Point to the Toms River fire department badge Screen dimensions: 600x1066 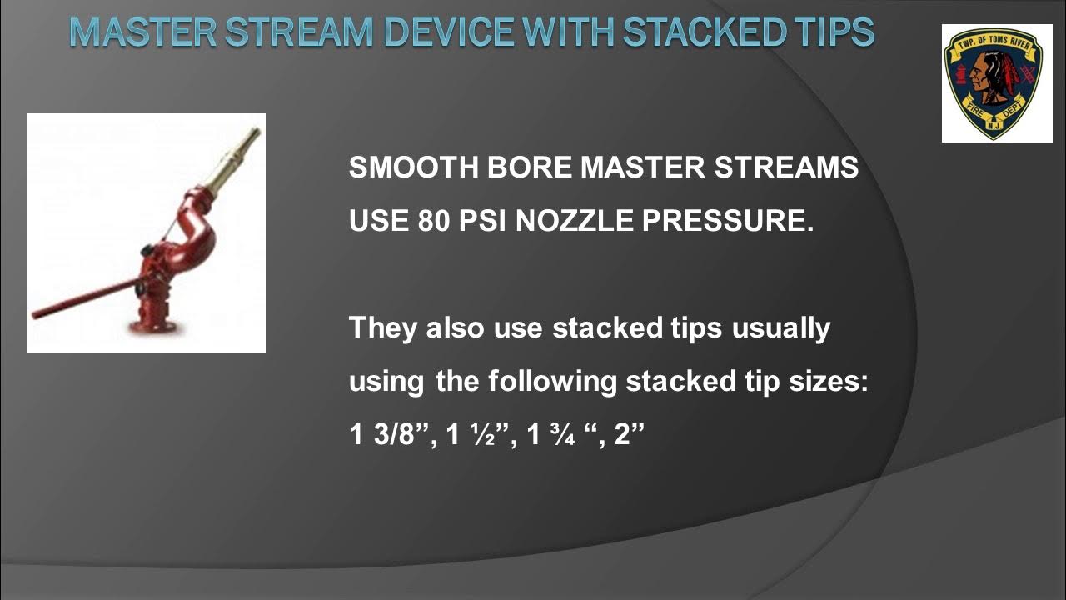pos(997,82)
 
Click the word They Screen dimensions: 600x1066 pos(383,327)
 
